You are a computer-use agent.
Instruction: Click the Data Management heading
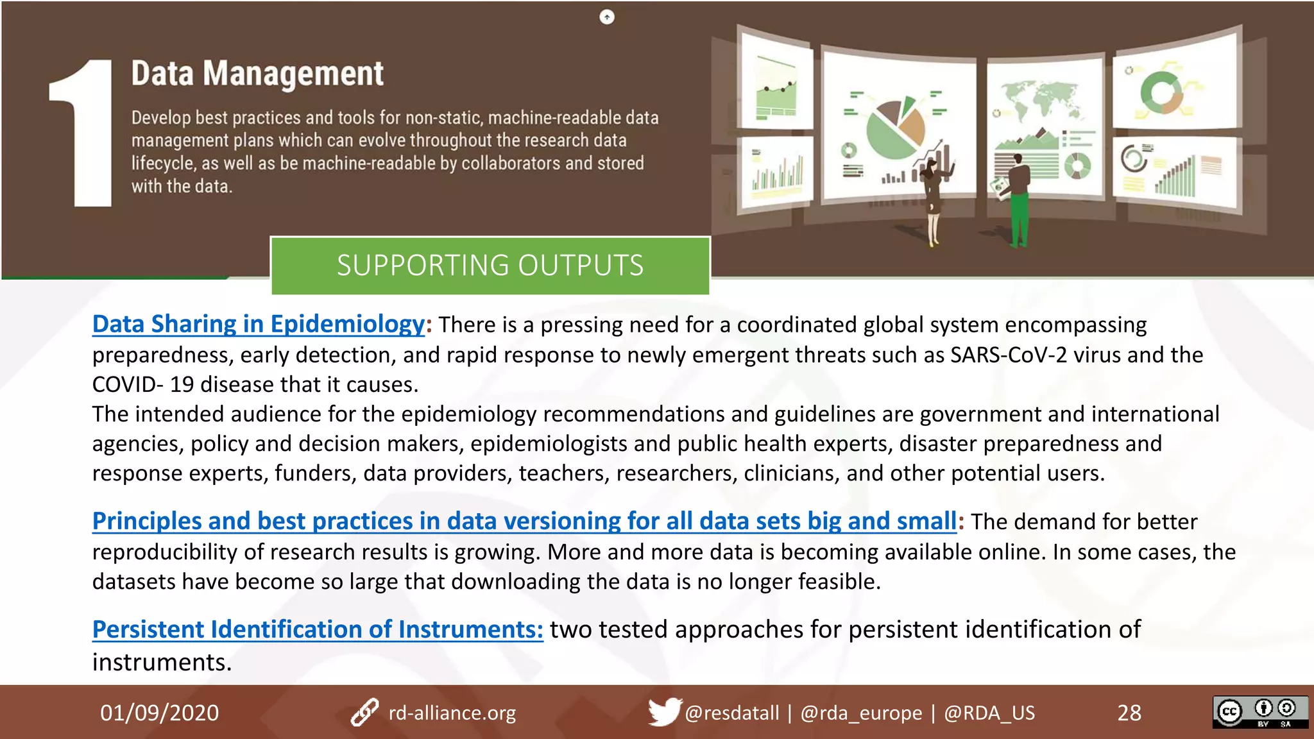coord(257,74)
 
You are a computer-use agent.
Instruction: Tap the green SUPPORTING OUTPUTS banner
coord(490,266)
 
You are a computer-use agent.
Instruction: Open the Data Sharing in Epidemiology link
coord(258,324)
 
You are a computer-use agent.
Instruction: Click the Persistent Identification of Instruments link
coord(318,629)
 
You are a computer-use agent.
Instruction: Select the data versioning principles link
coord(524,521)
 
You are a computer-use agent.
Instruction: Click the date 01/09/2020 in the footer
coord(159,713)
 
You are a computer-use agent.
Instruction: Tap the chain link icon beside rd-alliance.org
coord(364,713)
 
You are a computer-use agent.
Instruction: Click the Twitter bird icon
coord(663,711)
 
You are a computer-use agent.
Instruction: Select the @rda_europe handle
coord(861,713)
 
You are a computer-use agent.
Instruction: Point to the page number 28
coord(1129,713)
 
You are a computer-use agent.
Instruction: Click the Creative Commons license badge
coord(1259,712)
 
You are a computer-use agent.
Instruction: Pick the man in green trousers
coord(1018,199)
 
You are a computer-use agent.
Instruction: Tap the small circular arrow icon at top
coord(606,17)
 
